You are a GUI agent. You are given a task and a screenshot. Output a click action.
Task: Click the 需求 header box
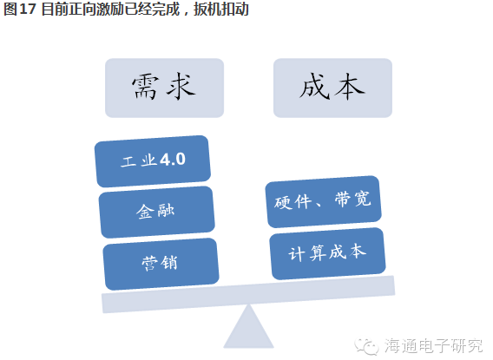tap(164, 88)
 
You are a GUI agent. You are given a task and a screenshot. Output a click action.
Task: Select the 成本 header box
tap(332, 88)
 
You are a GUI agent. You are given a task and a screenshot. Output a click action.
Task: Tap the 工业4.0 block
tap(153, 161)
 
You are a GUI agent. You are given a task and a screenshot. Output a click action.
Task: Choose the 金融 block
tap(156, 212)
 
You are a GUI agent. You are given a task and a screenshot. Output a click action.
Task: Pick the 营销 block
tap(161, 264)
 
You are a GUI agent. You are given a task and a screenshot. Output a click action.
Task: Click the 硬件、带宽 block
tap(323, 201)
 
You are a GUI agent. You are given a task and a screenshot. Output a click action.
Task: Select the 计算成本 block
tap(327, 253)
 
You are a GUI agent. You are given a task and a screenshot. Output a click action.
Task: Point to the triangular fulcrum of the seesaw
tap(248, 327)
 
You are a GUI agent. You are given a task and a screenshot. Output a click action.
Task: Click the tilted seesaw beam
tap(248, 294)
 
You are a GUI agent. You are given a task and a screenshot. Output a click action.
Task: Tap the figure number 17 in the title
tap(28, 9)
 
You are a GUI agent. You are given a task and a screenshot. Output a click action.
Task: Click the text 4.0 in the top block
tap(173, 160)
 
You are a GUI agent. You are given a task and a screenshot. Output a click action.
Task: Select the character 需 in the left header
tap(144, 87)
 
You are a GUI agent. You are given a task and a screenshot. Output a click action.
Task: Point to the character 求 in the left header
tap(181, 87)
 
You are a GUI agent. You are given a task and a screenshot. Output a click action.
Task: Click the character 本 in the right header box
tap(350, 87)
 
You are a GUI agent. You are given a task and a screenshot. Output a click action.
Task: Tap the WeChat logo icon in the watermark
tap(366, 346)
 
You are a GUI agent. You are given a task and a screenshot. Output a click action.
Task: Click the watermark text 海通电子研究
tap(433, 346)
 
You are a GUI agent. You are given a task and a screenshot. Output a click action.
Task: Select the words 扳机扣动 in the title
tap(221, 9)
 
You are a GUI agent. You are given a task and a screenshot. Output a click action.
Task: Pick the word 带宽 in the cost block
tap(352, 199)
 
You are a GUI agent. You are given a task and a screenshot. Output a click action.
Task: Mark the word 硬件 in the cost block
tap(293, 202)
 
